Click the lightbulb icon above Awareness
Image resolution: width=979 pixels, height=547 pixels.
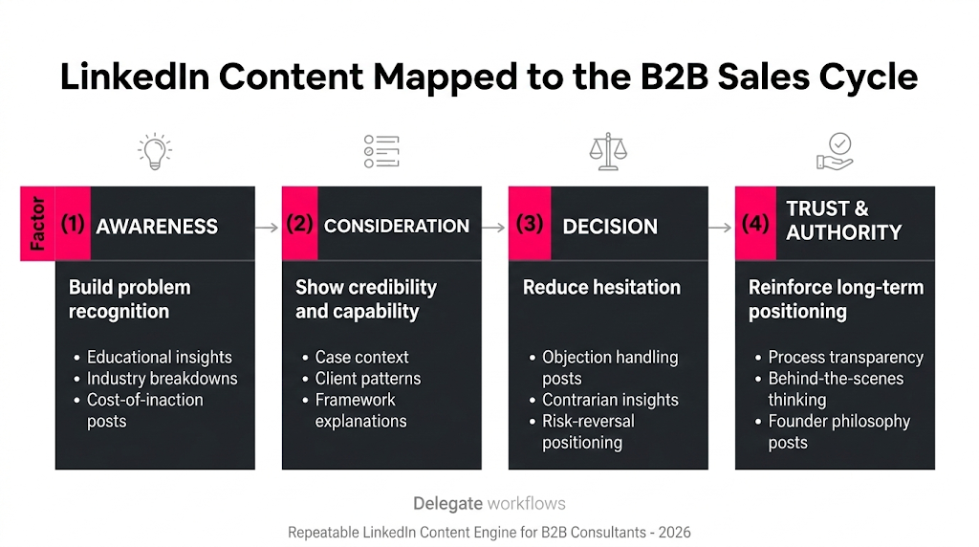[x=154, y=152]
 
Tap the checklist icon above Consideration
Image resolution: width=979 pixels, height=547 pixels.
[x=381, y=152]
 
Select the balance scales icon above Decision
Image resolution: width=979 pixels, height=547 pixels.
[x=607, y=152]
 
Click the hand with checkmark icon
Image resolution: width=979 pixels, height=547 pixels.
[x=834, y=152]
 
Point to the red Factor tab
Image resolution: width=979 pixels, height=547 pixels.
[x=37, y=224]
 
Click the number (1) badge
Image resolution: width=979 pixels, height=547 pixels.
[x=73, y=224]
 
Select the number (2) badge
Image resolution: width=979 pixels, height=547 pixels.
[x=299, y=224]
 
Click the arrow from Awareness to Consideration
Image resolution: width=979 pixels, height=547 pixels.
[x=268, y=228]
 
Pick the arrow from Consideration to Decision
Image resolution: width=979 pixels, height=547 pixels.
[x=493, y=228]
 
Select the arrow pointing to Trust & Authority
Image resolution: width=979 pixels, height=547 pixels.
[x=721, y=228]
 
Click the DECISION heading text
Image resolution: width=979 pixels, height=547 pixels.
[x=610, y=227]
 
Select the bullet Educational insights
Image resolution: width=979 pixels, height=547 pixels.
[x=159, y=357]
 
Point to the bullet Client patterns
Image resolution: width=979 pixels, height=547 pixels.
[x=368, y=378]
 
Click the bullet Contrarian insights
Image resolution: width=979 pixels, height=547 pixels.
[x=610, y=400]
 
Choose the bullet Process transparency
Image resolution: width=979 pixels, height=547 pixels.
[x=845, y=357]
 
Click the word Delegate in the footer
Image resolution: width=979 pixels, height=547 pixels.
[x=447, y=503]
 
